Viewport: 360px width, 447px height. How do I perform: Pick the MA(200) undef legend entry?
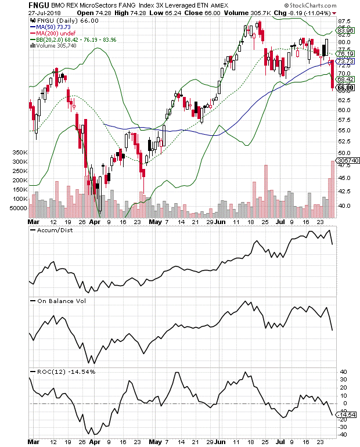52,33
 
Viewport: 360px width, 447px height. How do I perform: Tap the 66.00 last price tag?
346,88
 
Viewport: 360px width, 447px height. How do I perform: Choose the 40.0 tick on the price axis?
345,205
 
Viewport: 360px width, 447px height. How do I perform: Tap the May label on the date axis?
155,222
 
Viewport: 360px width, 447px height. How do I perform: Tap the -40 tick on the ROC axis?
344,434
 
